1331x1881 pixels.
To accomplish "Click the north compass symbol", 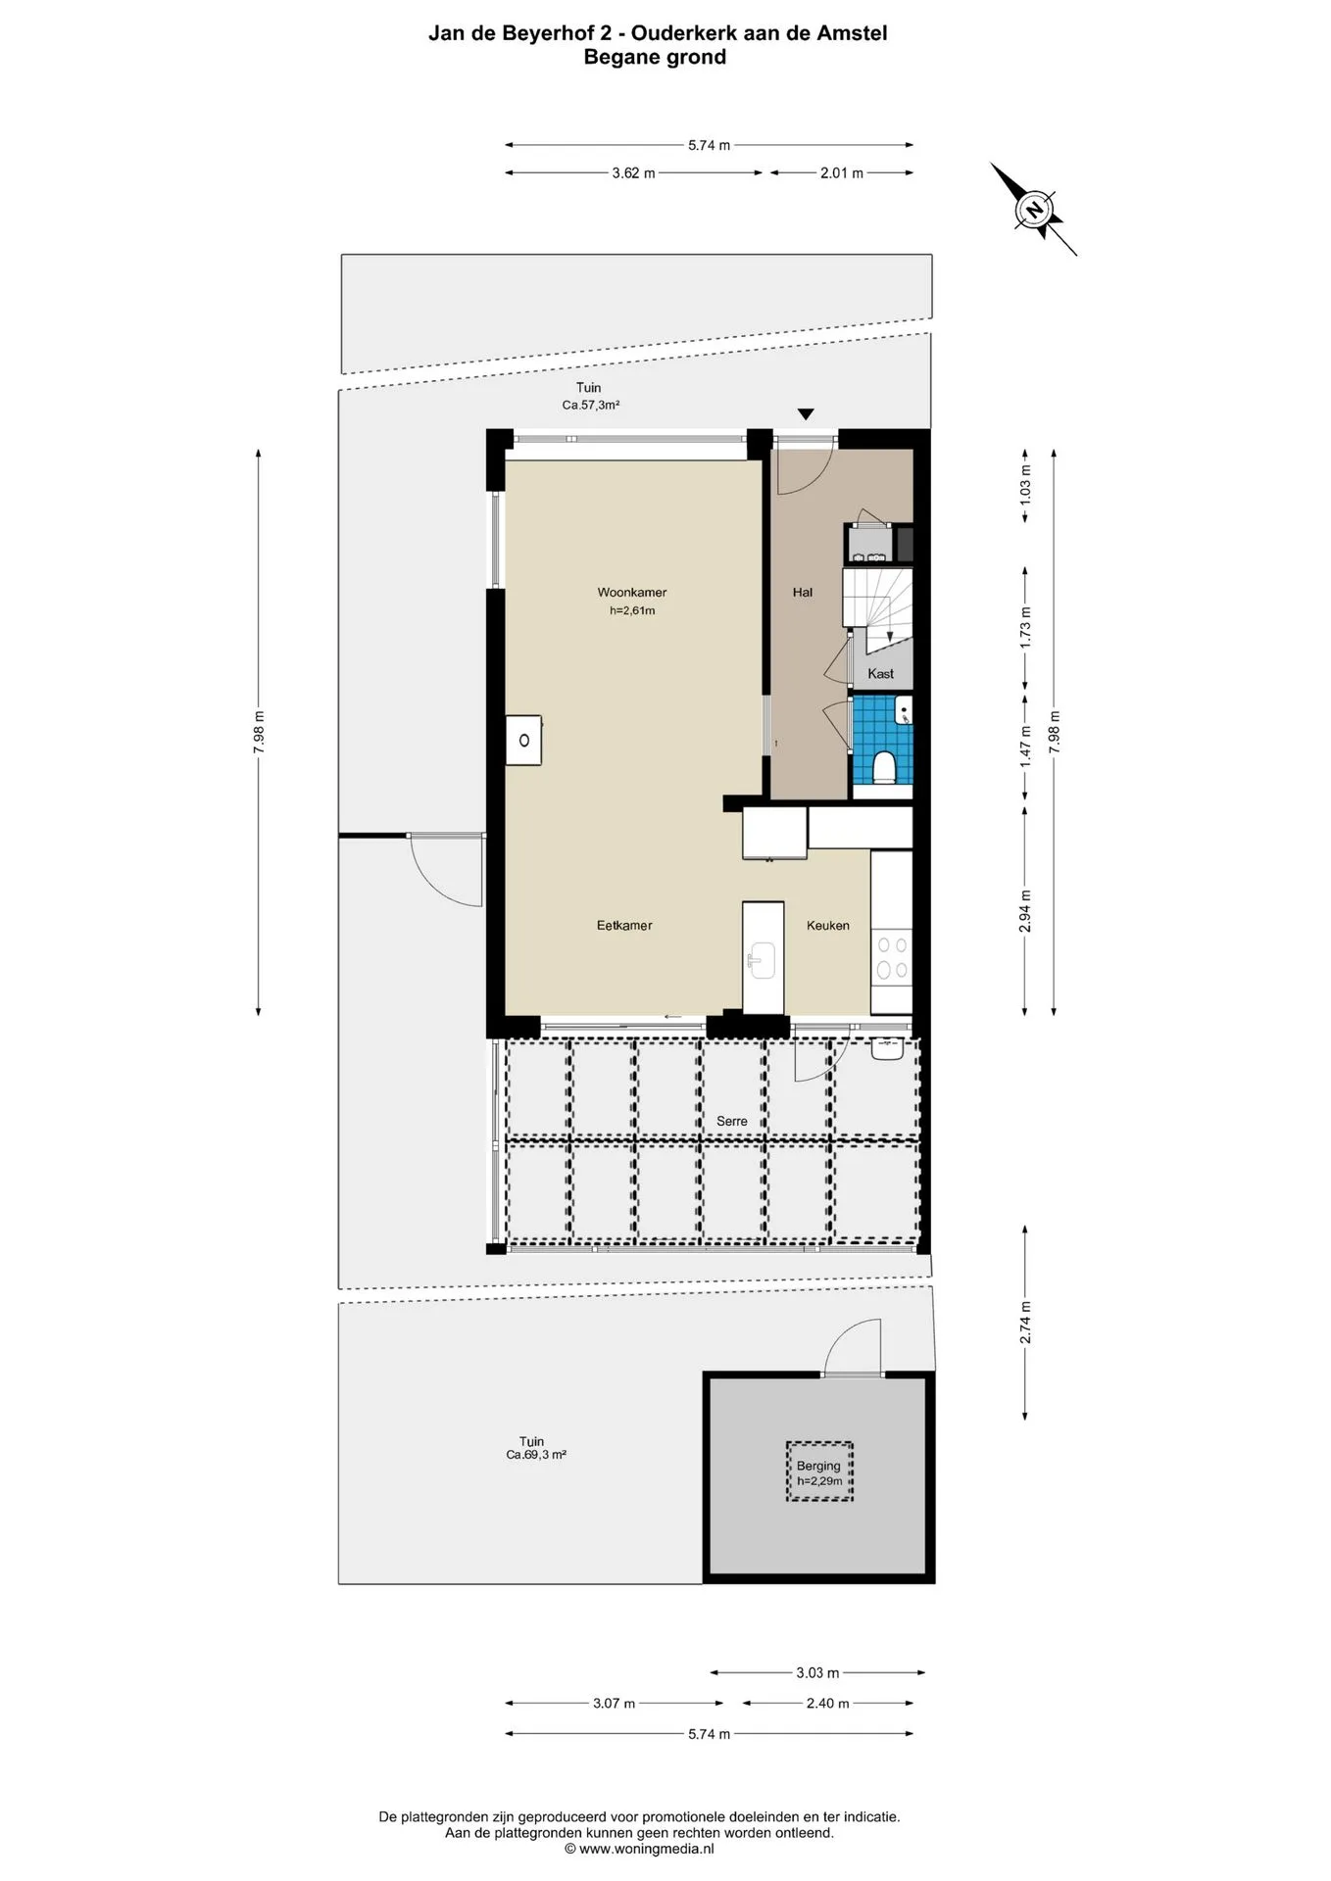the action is point(1033,209).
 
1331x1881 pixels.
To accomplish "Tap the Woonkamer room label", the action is point(632,592).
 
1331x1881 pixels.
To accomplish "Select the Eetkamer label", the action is point(624,925).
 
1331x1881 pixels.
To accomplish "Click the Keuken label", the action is point(828,925).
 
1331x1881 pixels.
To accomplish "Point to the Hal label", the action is point(803,592).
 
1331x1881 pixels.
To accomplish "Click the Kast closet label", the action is point(880,673).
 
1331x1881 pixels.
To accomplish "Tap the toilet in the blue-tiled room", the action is point(884,766).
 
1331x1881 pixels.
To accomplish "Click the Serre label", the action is point(732,1121).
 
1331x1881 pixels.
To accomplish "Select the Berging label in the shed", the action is point(818,1466).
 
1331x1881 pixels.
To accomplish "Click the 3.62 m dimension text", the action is point(633,173).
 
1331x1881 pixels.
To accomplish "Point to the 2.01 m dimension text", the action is point(842,173).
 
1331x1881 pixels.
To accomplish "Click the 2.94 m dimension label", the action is point(1025,911).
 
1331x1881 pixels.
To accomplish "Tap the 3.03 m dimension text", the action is point(817,1672).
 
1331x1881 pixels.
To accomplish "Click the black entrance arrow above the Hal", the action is point(806,414).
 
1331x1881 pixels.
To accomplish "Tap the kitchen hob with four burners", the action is point(891,957).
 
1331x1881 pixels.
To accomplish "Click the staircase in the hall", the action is point(877,611).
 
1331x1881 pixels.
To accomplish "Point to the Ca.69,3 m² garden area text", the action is point(536,1455).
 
